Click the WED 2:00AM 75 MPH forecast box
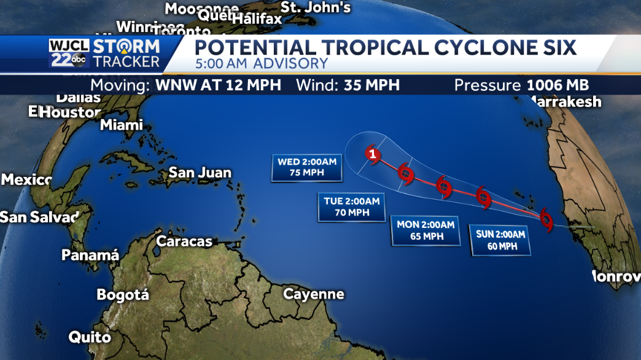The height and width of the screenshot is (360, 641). (x=307, y=167)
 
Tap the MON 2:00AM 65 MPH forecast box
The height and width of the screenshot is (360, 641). (x=425, y=230)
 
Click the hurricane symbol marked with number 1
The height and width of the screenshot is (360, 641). (x=372, y=154)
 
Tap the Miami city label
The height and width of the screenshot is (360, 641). (x=122, y=125)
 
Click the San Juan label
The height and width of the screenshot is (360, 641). (x=200, y=173)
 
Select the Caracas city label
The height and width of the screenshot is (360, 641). (x=184, y=241)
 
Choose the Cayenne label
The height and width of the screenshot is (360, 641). (x=313, y=294)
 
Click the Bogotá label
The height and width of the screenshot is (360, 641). (x=123, y=295)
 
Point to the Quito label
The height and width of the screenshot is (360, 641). (x=90, y=337)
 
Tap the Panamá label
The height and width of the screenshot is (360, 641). (x=90, y=255)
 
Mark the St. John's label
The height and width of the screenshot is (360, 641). (x=315, y=7)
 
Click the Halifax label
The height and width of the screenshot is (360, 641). (x=257, y=19)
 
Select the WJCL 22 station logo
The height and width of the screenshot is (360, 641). (x=69, y=53)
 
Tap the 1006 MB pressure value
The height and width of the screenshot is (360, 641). (x=557, y=85)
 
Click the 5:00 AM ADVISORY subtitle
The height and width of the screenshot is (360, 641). (x=262, y=63)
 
